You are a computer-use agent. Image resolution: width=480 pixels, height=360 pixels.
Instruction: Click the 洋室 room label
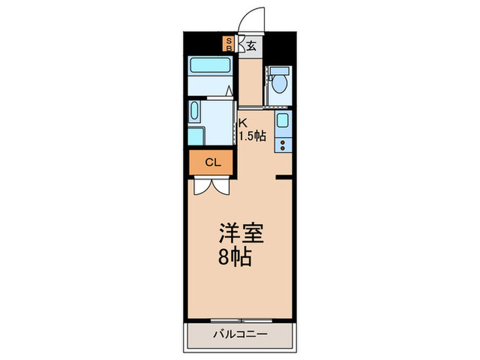[x=240, y=233]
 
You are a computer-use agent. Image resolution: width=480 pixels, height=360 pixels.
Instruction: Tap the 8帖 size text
[x=235, y=259]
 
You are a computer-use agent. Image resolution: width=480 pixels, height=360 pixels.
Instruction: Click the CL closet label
[x=212, y=163]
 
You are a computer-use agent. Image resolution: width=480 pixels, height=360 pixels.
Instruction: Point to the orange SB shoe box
[x=230, y=45]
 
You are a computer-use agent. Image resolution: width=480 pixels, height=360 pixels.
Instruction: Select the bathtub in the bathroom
[x=211, y=67]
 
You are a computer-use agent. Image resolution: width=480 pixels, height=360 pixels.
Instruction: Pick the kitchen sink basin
[x=283, y=122]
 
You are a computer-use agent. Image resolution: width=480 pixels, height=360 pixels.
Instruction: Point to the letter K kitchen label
[x=242, y=123]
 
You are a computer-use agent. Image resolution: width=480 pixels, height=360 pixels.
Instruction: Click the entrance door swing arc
[x=251, y=17]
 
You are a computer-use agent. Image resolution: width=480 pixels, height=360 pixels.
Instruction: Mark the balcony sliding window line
[x=239, y=320]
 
